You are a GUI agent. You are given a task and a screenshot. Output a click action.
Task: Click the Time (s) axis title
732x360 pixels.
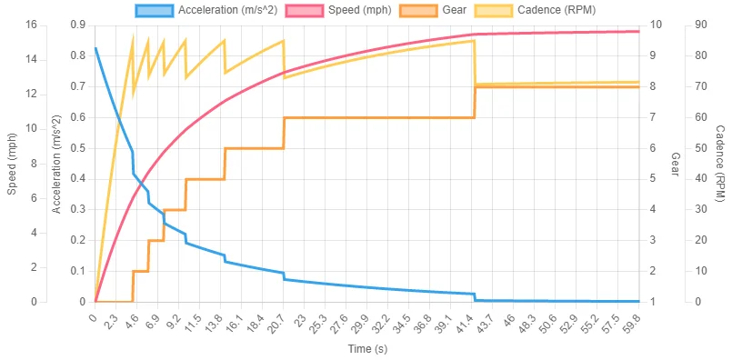tap(366, 349)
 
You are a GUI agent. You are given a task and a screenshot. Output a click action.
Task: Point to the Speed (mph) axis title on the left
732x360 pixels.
tap(12, 164)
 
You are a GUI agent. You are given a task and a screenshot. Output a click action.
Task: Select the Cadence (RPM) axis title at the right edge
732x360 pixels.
tap(720, 164)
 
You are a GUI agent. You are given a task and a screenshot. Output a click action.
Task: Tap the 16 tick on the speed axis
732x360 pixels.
tap(30, 25)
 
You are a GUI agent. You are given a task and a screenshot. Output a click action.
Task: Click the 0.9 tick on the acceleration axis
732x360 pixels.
tap(76, 25)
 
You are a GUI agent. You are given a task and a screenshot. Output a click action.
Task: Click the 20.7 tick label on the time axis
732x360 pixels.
tap(282, 320)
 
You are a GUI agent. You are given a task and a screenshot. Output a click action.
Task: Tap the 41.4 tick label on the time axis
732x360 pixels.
tap(471, 320)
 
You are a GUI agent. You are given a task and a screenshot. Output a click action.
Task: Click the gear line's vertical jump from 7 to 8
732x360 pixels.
tap(475, 102)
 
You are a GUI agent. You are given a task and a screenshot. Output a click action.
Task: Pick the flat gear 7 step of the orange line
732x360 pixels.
tap(377, 117)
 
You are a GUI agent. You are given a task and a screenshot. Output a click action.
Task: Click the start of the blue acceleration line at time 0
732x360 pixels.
tap(95, 48)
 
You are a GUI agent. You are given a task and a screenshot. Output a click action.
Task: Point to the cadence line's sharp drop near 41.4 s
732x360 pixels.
tap(475, 64)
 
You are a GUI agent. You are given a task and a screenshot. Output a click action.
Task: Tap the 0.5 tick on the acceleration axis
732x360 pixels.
tap(76, 148)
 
